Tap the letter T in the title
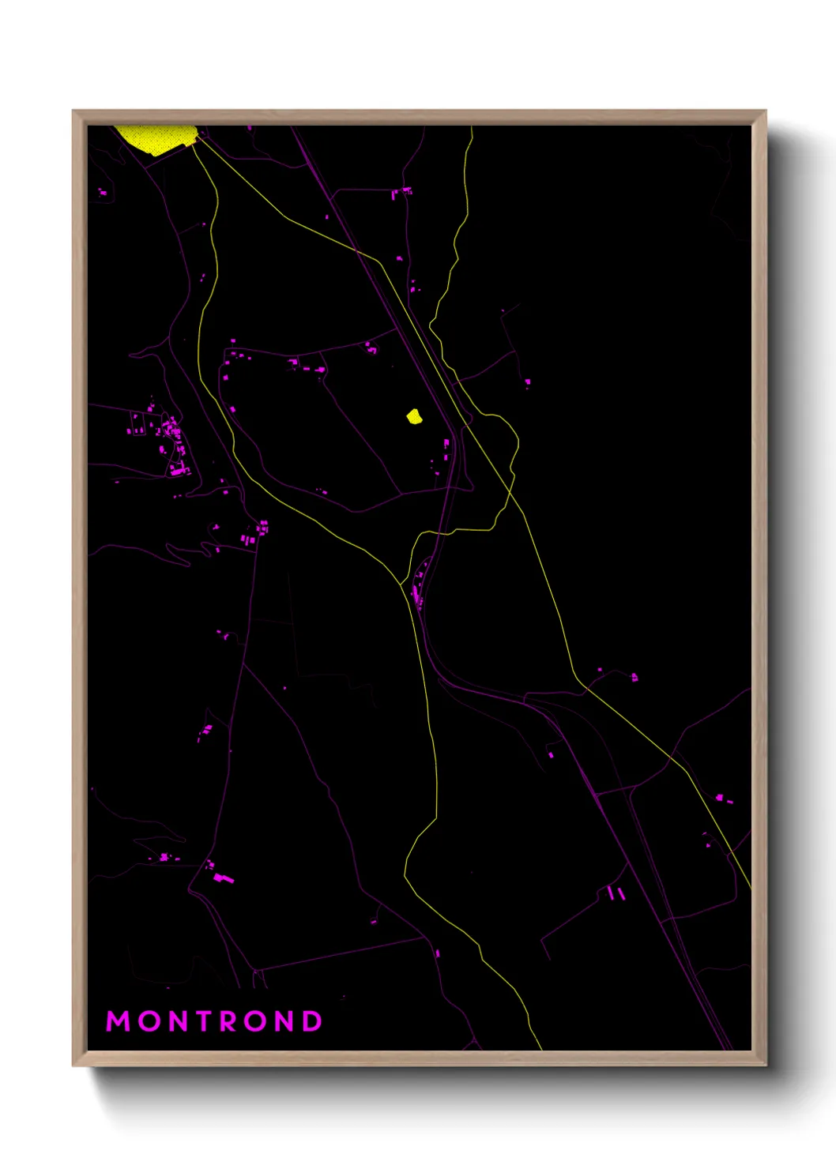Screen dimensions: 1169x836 [199, 1021]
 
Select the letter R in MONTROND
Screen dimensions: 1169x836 [226, 1021]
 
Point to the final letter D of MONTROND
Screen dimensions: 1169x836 [312, 1021]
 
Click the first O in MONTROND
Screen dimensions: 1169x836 [146, 1021]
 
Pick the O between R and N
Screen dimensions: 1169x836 [255, 1021]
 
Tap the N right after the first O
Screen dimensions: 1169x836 [174, 1021]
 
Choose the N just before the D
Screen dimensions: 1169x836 [284, 1021]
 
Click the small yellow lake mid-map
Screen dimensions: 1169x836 [414, 416]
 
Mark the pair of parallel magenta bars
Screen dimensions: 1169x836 [617, 893]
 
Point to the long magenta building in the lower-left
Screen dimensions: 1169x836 [223, 878]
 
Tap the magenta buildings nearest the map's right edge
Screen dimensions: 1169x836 [724, 799]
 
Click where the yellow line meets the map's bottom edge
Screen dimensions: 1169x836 [540, 1048]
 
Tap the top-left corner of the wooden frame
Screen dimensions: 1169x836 [73, 111]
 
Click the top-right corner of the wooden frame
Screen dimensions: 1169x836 [765, 111]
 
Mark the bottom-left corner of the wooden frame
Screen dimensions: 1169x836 [73, 1065]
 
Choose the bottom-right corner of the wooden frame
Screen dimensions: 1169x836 [765, 1065]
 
